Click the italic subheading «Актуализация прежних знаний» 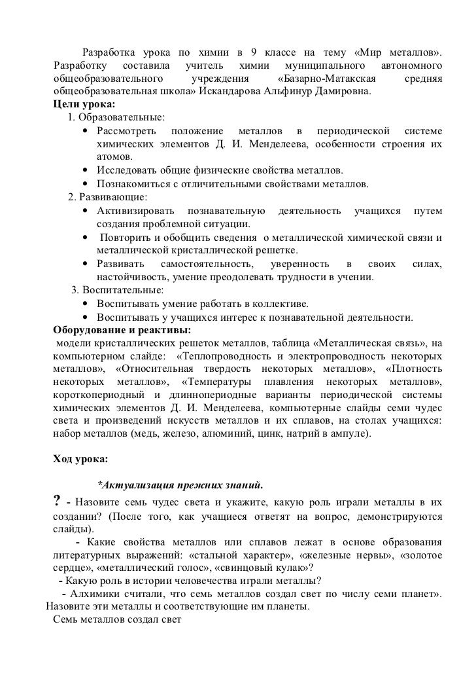point(180,486)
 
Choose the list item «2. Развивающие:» point(108,197)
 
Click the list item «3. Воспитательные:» point(118,290)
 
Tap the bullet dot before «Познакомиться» point(86,184)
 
